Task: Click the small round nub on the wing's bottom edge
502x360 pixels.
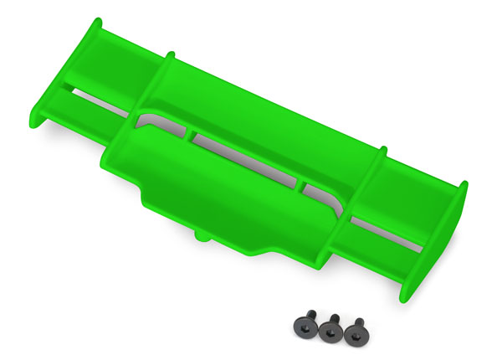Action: tap(203, 237)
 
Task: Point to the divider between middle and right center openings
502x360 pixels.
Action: tap(304, 180)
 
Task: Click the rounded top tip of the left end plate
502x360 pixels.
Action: tap(99, 21)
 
